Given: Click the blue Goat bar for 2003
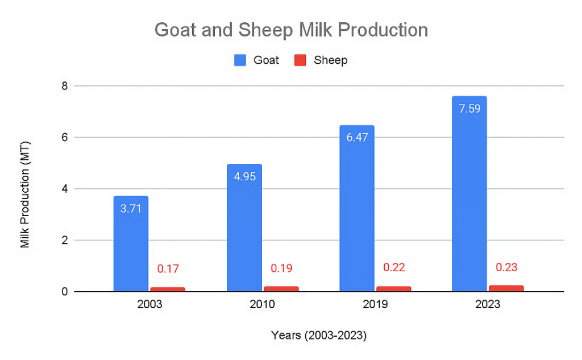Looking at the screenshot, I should [x=131, y=244].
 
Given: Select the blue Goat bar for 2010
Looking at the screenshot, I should [x=244, y=228].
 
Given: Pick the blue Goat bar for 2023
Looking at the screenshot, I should [x=469, y=194].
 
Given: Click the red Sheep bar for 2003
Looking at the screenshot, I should [x=168, y=289].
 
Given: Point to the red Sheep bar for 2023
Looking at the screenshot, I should [x=506, y=288].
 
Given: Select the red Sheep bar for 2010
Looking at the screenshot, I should [x=281, y=289].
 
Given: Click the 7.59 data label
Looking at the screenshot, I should [x=469, y=109].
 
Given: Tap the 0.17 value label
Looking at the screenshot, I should [x=168, y=268].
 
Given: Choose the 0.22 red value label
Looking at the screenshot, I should [x=393, y=267].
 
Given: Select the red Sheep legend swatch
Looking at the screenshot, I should [x=300, y=60].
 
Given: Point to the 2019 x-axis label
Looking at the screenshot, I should [x=375, y=305].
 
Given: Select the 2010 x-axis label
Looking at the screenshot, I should [x=262, y=305].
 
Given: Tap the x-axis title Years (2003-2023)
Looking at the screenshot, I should [x=318, y=336].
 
